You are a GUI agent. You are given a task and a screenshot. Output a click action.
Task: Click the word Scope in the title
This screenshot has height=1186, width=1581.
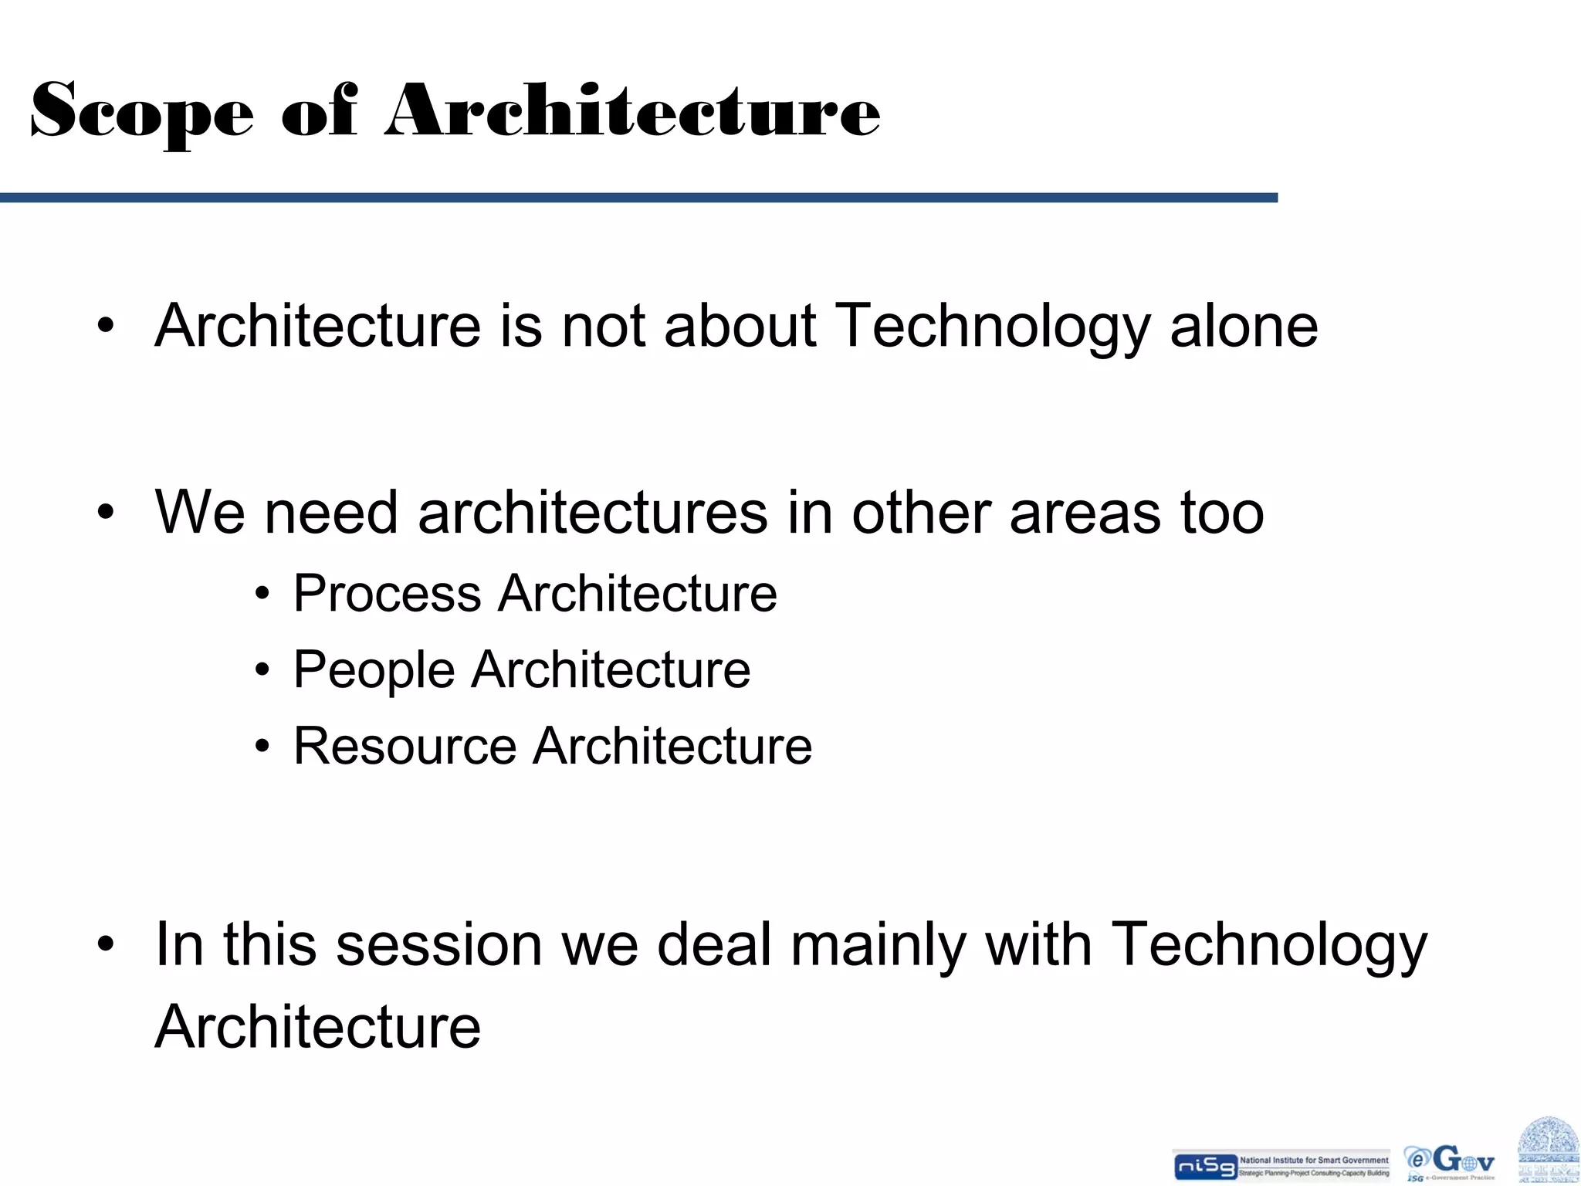(141, 112)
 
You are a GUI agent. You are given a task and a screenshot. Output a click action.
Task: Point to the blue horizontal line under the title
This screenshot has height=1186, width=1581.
(638, 198)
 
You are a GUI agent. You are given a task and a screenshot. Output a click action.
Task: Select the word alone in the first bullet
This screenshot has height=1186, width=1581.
(1244, 326)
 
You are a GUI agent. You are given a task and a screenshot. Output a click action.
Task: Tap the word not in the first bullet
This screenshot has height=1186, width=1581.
(603, 326)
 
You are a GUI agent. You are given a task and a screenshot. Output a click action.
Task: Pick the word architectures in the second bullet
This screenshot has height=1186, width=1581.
(592, 513)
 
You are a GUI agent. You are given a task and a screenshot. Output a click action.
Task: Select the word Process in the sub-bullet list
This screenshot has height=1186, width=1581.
(387, 594)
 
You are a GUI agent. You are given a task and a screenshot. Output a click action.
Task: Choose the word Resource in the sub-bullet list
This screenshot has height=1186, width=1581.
(405, 746)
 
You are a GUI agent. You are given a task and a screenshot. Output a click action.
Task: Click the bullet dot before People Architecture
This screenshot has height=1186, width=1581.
(263, 670)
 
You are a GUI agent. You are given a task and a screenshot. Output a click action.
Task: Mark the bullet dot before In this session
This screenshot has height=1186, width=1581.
(106, 944)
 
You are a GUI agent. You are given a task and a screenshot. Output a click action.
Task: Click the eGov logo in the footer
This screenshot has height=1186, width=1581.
(1450, 1162)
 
